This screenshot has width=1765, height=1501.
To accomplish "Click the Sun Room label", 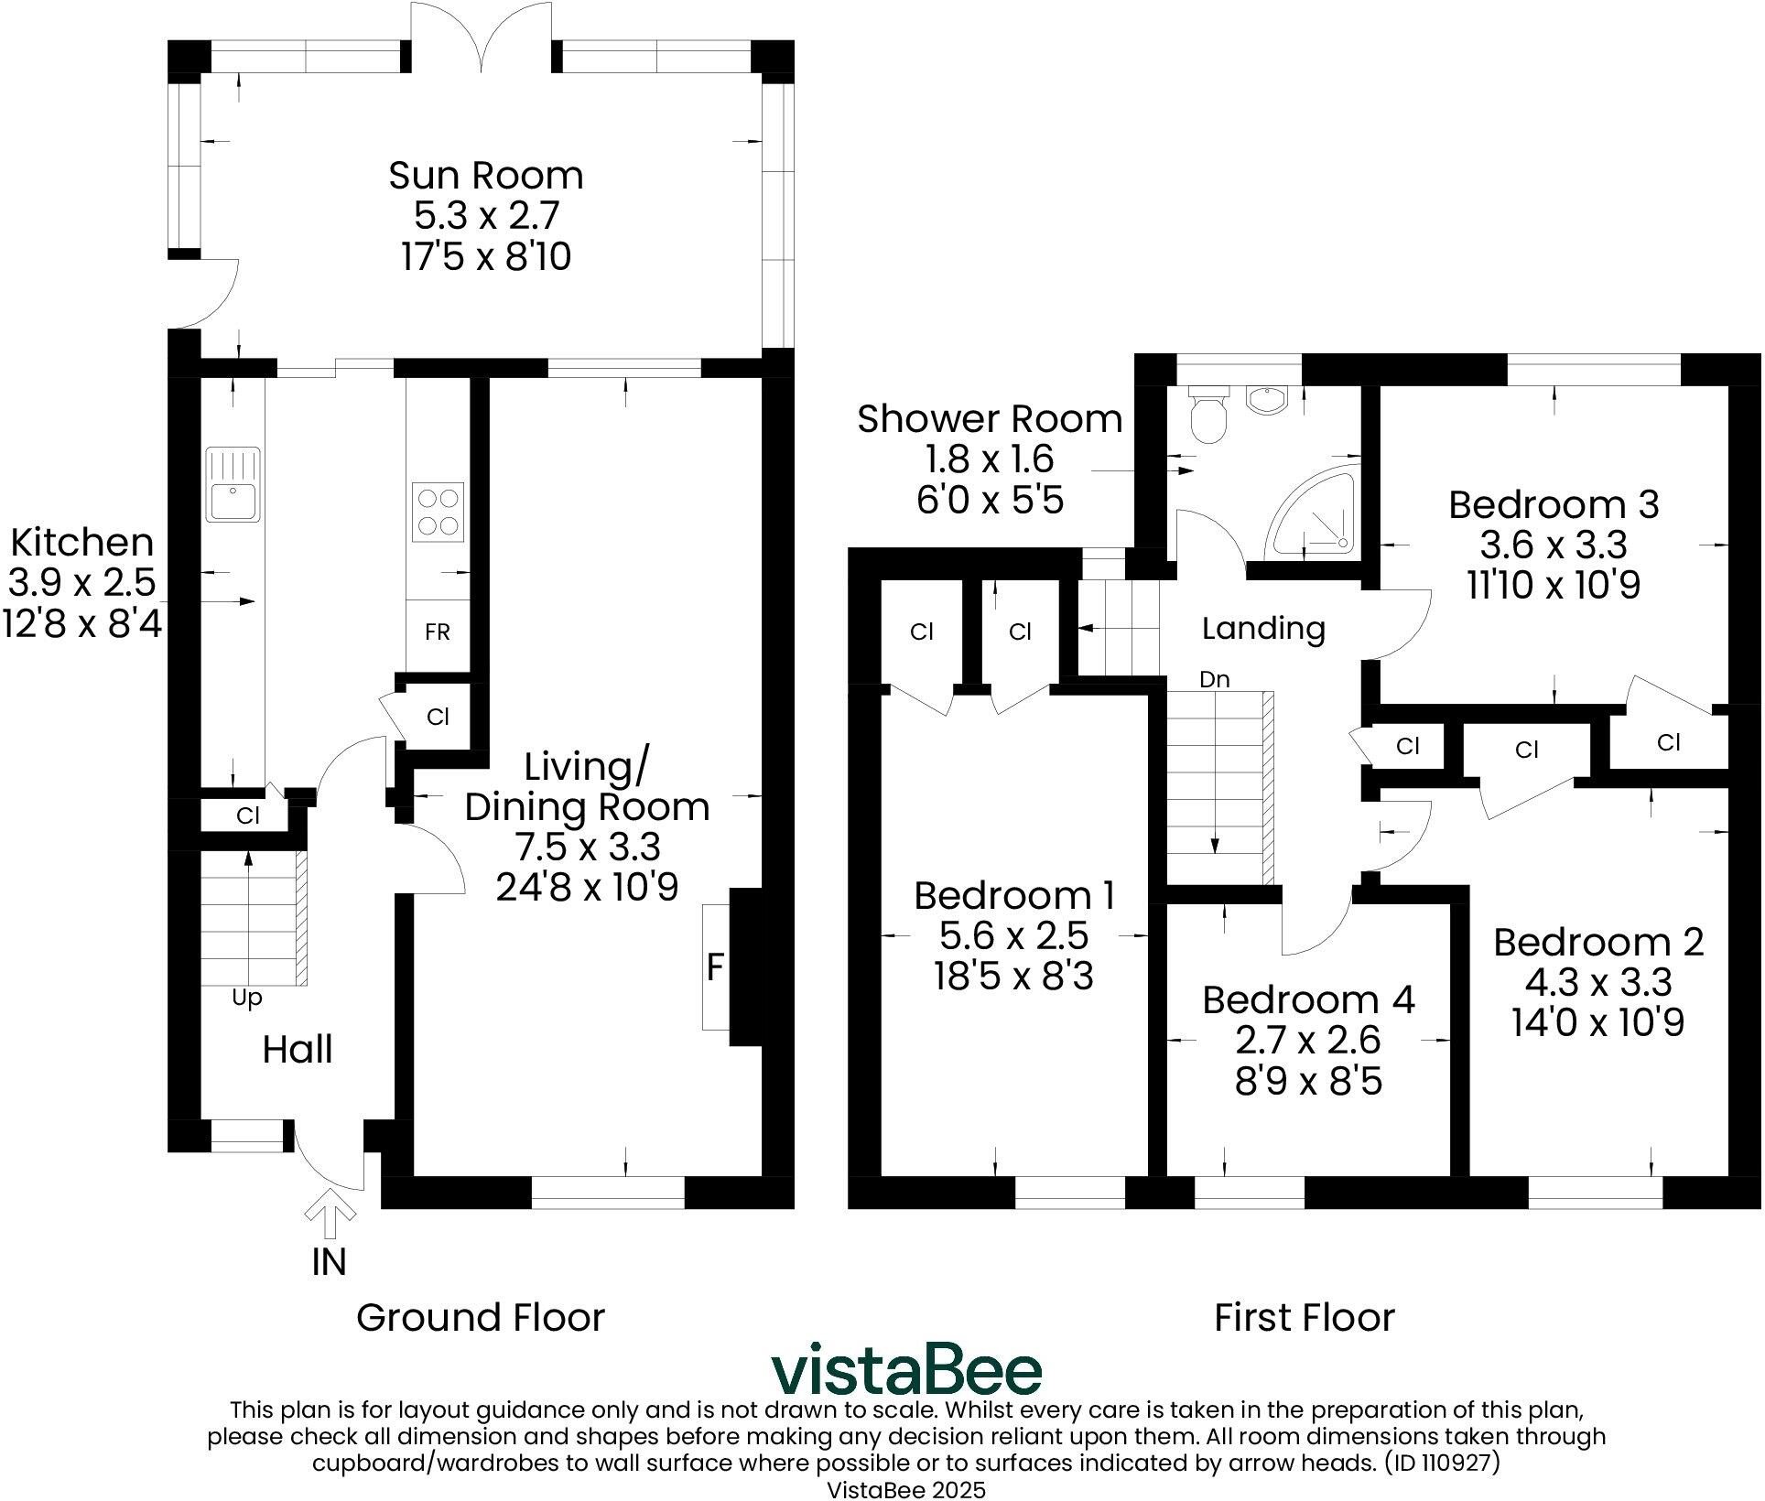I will tap(485, 175).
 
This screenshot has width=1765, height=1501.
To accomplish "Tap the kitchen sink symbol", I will tap(233, 484).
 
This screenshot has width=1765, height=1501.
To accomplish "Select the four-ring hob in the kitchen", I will tap(438, 512).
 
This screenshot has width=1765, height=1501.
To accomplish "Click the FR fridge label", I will tap(438, 632).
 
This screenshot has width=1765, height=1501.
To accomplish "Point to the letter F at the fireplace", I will tap(716, 967).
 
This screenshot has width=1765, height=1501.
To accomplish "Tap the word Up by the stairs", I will tap(246, 998).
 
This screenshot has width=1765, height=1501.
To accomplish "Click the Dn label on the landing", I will tap(1214, 680).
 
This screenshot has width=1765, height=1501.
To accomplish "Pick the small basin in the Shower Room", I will tap(1266, 398).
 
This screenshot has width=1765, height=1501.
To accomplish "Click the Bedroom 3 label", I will tap(1554, 504).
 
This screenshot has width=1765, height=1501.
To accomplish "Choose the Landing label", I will tap(1263, 628).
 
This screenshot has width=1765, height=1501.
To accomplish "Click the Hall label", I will tap(298, 1050).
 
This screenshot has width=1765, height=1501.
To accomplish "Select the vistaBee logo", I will tap(905, 1370).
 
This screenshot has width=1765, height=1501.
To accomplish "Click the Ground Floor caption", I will tap(481, 1318).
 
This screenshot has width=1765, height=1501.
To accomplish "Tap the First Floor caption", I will tap(1304, 1318).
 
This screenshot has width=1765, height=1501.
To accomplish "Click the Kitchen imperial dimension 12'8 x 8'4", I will tap(82, 624).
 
